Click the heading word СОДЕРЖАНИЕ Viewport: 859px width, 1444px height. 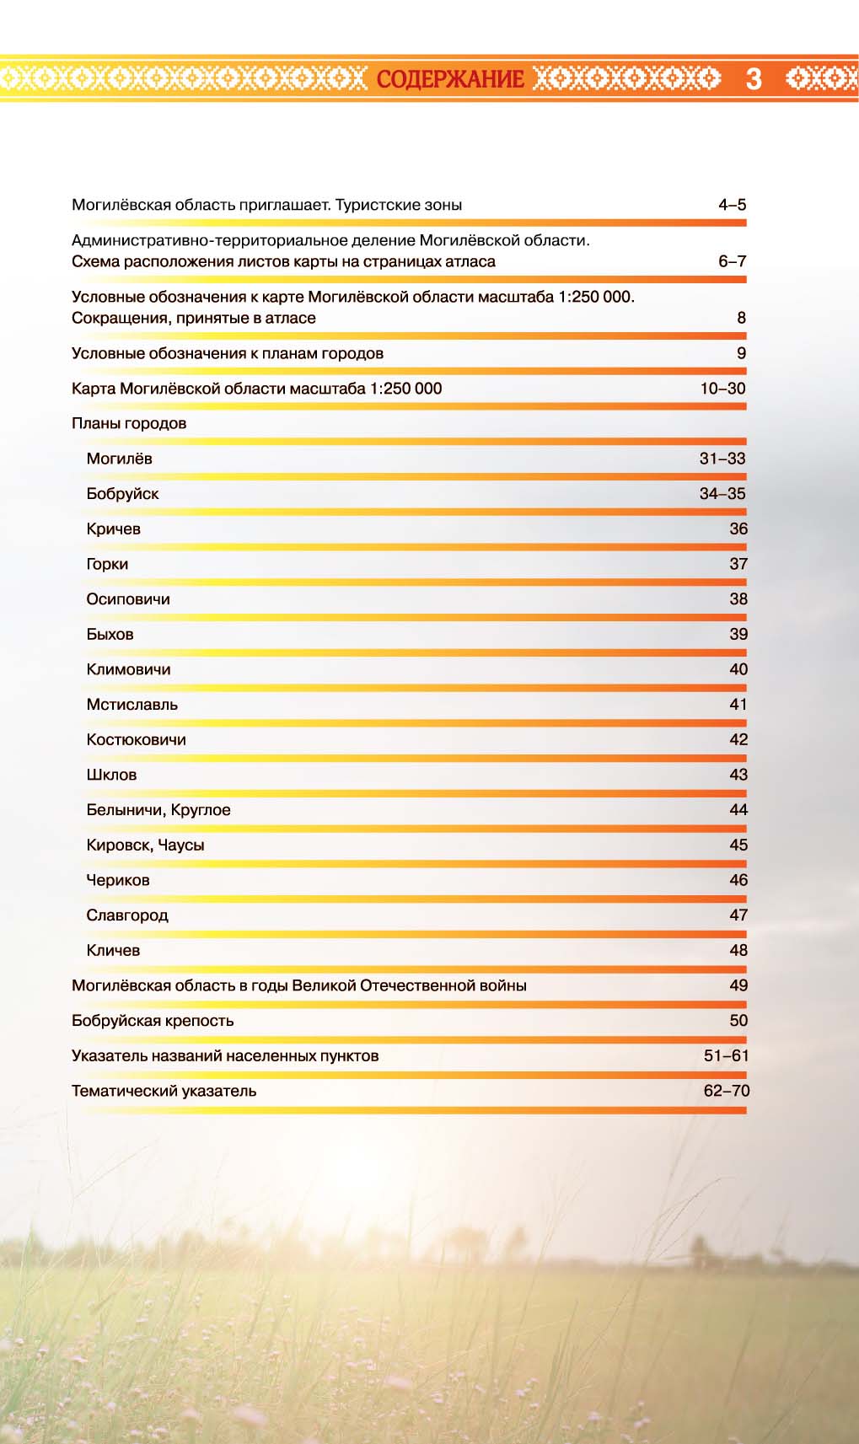450,79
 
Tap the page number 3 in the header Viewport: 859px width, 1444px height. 754,79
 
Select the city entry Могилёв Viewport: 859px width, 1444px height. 119,459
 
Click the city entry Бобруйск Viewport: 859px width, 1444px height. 122,494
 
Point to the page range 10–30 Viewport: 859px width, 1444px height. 722,389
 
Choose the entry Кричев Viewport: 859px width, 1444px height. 113,529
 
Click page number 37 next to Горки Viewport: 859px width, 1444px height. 738,564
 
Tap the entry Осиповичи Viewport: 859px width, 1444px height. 128,599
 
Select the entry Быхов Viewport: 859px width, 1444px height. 110,635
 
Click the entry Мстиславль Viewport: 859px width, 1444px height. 132,705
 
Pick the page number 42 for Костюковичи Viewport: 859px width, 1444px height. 738,739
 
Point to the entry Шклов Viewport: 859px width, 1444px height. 111,775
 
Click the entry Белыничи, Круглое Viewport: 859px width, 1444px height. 158,810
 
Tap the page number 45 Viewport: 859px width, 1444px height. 738,845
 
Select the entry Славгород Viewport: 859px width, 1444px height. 126,915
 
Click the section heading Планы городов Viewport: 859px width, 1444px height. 129,423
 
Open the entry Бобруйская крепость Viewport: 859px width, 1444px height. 153,1021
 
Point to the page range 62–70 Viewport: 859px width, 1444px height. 726,1091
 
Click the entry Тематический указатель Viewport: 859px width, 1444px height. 164,1091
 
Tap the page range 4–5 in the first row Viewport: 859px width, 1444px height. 732,205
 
